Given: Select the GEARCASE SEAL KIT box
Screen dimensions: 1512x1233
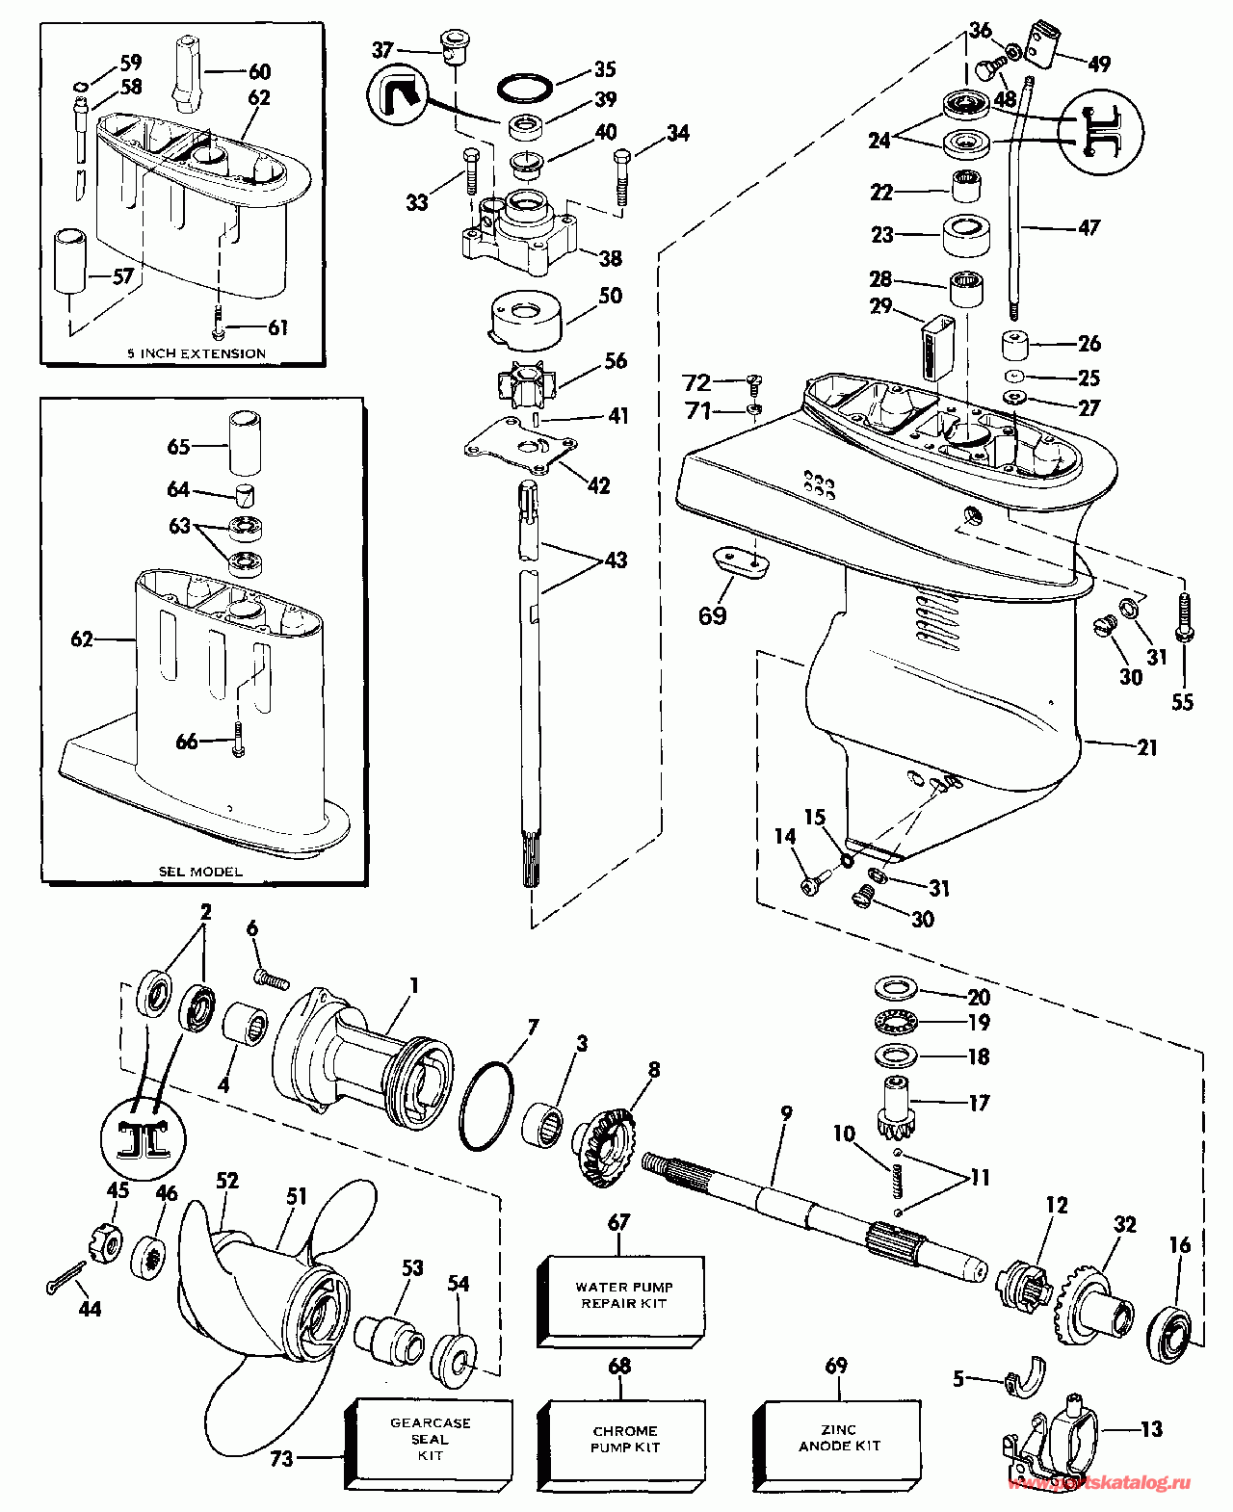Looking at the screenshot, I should pos(429,1439).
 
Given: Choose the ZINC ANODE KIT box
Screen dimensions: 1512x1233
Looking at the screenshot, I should pos(838,1439).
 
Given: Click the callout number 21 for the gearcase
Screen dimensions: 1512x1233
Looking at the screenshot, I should pos(1146,747).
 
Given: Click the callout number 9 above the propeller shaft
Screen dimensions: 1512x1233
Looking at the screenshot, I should pos(786,1114).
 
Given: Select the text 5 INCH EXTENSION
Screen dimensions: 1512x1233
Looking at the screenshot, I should pos(197,353).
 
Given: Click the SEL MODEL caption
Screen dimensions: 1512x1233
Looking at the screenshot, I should pos(200,872).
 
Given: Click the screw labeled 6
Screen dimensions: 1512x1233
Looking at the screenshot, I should pos(272,979).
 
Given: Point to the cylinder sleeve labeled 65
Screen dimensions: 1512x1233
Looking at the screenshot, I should pos(246,443).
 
